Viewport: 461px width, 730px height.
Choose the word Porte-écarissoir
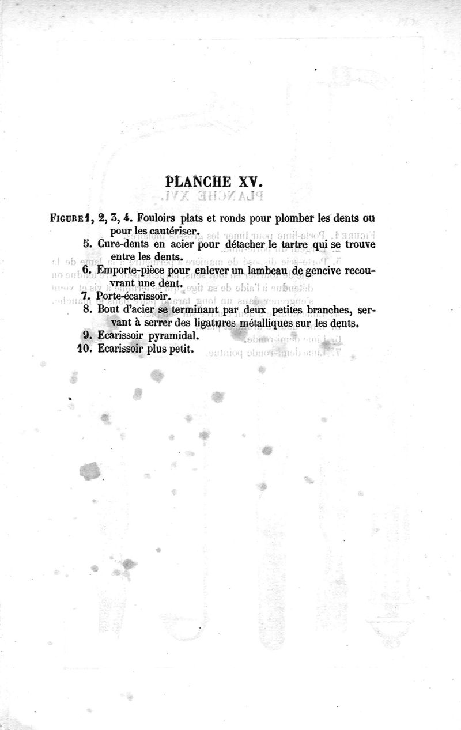click(134, 296)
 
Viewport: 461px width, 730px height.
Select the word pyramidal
click(174, 336)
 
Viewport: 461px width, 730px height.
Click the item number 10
click(85, 349)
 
